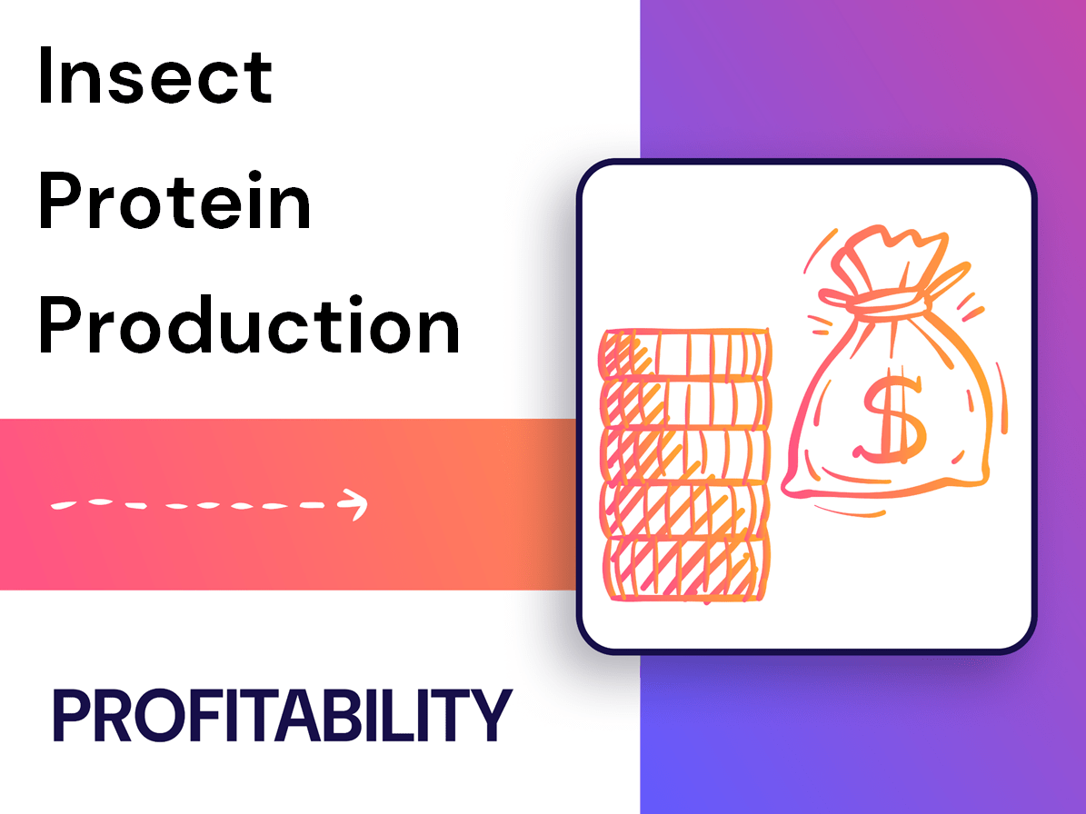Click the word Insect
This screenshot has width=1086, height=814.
click(154, 76)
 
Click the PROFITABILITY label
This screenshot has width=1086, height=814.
click(283, 716)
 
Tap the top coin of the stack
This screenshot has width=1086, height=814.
click(683, 352)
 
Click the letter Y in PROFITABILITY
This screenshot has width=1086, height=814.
click(490, 716)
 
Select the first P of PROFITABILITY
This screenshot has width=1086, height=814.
click(73, 716)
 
